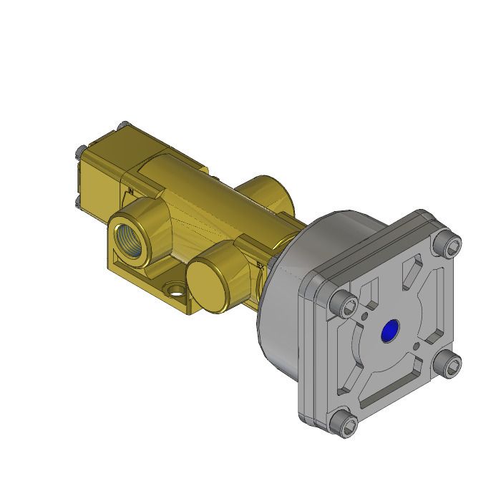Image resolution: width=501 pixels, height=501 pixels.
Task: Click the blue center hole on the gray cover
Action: click(x=390, y=330)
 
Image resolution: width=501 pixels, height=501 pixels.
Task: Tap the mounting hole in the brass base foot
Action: click(x=173, y=291)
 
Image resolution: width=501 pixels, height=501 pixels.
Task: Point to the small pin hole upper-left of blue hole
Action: click(x=366, y=314)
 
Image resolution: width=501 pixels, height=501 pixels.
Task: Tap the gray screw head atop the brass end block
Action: click(x=123, y=127)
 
